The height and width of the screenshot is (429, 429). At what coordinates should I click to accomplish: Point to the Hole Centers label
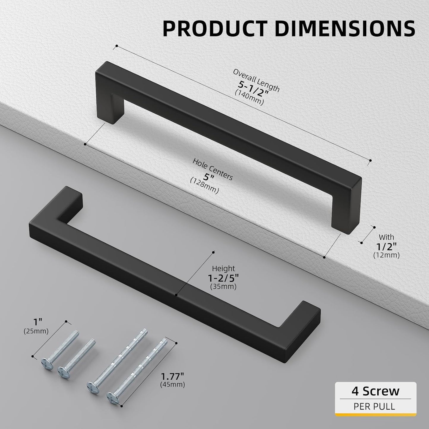coord(213,169)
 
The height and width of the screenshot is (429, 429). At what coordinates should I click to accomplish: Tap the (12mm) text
coord(386,255)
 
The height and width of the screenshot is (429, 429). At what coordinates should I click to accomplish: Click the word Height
coord(223,269)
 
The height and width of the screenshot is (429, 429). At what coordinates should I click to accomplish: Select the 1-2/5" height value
coord(223,278)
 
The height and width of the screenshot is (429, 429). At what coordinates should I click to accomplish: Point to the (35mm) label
coord(223,287)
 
